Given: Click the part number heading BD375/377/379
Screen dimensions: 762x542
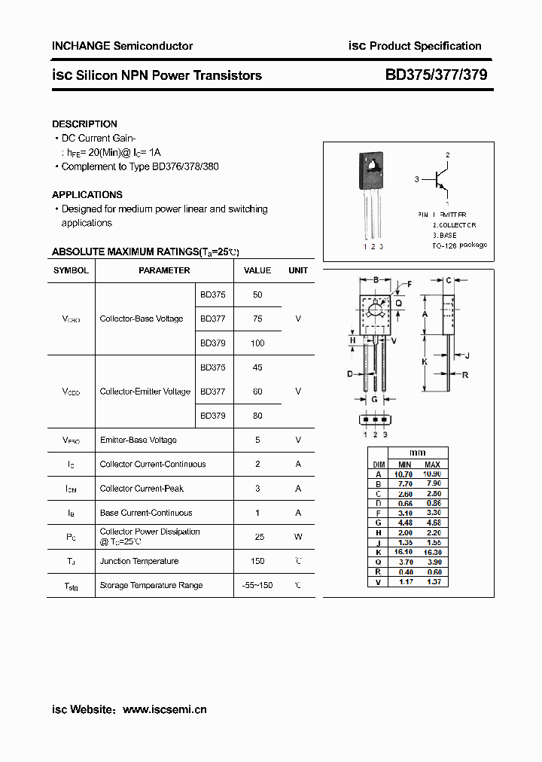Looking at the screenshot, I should pyautogui.click(x=436, y=75).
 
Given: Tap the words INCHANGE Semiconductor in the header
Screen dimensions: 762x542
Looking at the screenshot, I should pyautogui.click(x=122, y=46).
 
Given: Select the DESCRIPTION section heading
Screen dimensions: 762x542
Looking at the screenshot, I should pyautogui.click(x=84, y=124).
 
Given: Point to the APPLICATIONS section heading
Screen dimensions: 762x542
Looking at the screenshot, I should pyautogui.click(x=87, y=195).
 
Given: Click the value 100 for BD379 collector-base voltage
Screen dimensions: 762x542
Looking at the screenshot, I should pyautogui.click(x=257, y=343).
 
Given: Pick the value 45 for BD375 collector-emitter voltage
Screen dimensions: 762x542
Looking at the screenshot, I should pyautogui.click(x=257, y=367).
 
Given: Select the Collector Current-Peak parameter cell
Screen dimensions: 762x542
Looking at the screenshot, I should pyautogui.click(x=142, y=489).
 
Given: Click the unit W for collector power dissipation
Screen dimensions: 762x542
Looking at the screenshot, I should pyautogui.click(x=298, y=537).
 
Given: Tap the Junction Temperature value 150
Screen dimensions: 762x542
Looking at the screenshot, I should pyautogui.click(x=257, y=561).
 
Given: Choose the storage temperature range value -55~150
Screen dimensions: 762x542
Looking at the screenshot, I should pyautogui.click(x=257, y=585).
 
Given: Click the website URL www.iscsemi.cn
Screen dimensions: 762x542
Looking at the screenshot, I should pyautogui.click(x=164, y=709).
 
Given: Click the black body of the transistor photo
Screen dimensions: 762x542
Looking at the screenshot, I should pyautogui.click(x=372, y=171).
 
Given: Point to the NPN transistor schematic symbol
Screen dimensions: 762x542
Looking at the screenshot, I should pyautogui.click(x=439, y=180).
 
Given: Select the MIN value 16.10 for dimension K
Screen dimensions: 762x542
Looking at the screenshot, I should pyautogui.click(x=405, y=552).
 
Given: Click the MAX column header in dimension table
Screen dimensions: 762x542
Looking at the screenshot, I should pyautogui.click(x=432, y=465).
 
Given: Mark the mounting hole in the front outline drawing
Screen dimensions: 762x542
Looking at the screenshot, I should pyautogui.click(x=376, y=307).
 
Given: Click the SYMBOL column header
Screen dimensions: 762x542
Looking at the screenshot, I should pyautogui.click(x=71, y=270).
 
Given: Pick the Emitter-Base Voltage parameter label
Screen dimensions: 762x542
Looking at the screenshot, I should pyautogui.click(x=139, y=440).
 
